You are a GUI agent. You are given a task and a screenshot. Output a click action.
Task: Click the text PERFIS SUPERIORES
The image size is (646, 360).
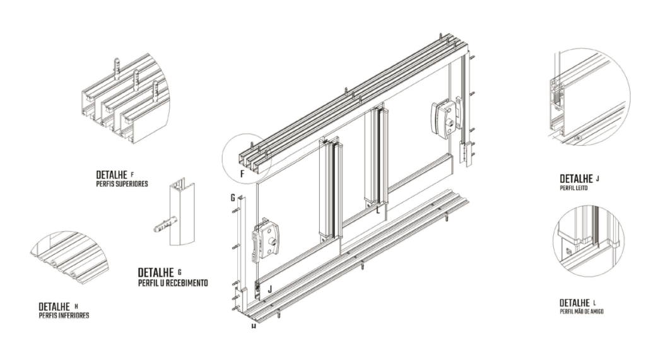pyautogui.click(x=122, y=184)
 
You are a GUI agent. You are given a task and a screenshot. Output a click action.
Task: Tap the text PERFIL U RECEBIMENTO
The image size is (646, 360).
pyautogui.click(x=173, y=283)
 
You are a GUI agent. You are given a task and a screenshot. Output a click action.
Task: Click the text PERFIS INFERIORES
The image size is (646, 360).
pyautogui.click(x=64, y=315)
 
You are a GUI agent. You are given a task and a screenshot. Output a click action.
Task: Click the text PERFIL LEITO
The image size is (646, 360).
pyautogui.click(x=573, y=188)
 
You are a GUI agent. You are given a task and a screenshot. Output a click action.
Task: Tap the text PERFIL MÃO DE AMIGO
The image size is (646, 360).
pyautogui.click(x=581, y=311)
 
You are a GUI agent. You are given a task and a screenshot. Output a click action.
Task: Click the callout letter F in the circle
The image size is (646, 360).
pyautogui.click(x=242, y=173)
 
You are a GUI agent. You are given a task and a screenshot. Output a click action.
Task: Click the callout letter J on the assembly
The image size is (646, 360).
pyautogui.click(x=270, y=290)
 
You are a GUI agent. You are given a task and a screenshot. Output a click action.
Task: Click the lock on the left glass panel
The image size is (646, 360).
pyautogui.click(x=264, y=238)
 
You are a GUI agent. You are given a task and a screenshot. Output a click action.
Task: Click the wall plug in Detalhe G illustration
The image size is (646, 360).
pyautogui.click(x=163, y=224)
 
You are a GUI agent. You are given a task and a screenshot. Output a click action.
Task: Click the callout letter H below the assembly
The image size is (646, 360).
pyautogui.click(x=253, y=327)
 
